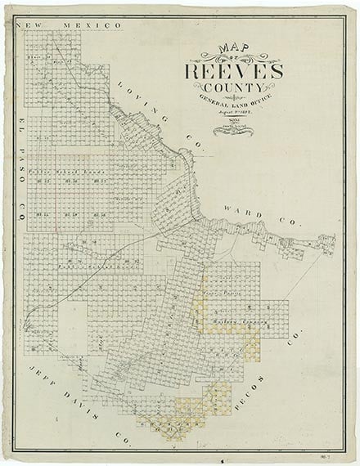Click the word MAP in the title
pyautogui.click(x=232, y=50)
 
